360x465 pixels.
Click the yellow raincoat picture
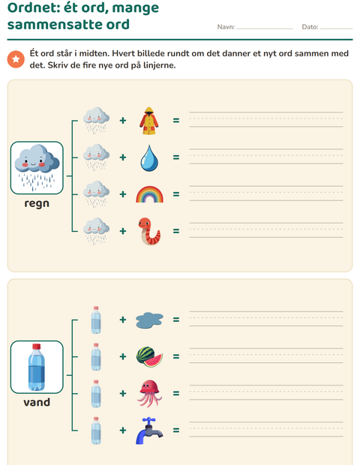click(x=149, y=121)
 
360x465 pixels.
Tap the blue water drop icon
click(x=149, y=158)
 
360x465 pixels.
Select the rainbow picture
click(x=149, y=194)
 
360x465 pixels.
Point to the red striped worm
click(x=149, y=231)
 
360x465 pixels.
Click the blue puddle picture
click(x=149, y=320)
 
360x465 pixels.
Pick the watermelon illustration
click(x=149, y=357)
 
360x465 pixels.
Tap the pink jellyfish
click(x=149, y=394)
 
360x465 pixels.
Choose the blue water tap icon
click(x=149, y=430)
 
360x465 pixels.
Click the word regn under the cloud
click(x=37, y=204)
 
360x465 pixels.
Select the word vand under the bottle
click(x=37, y=403)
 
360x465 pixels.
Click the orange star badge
click(x=16, y=59)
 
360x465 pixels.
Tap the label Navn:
click(x=226, y=27)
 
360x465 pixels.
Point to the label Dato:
click(x=310, y=27)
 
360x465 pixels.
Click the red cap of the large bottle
click(x=37, y=346)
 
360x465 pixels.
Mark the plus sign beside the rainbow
click(x=123, y=194)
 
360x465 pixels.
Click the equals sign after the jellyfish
click(x=176, y=394)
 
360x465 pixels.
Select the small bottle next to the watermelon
click(x=96, y=357)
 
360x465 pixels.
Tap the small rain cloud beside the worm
click(x=96, y=231)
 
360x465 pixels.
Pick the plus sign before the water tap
click(x=123, y=430)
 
